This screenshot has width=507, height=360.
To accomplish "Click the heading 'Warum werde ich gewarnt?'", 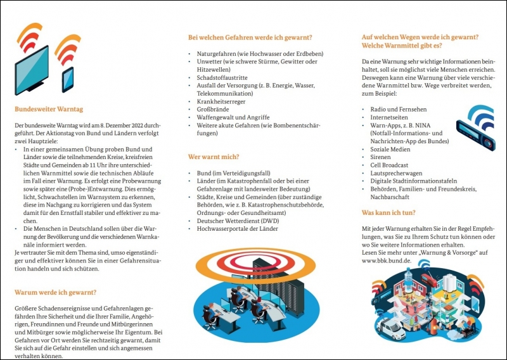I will [x=55, y=292].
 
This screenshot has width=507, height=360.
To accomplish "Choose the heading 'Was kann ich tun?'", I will [x=388, y=212].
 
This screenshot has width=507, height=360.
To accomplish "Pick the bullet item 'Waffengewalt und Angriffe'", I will [x=233, y=118].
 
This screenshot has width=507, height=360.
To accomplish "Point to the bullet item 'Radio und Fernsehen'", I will [x=399, y=109].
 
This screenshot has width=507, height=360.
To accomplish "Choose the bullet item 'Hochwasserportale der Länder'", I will [x=238, y=229].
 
